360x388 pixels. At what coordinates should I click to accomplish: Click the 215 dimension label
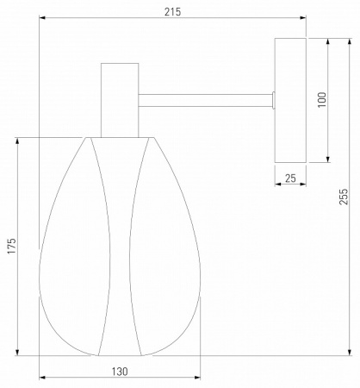(x=173, y=12)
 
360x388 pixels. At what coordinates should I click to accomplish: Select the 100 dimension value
(x=322, y=100)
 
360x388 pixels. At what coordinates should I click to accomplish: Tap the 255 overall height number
(x=344, y=197)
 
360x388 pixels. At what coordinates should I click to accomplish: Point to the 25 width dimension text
(x=290, y=178)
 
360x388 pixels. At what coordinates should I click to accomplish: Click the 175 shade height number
(x=12, y=246)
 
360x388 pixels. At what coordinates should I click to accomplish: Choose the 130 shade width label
(x=120, y=372)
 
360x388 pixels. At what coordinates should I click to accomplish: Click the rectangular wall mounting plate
(x=290, y=100)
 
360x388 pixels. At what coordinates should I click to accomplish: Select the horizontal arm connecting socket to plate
(x=205, y=100)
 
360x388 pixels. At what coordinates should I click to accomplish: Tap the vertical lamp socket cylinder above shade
(x=120, y=100)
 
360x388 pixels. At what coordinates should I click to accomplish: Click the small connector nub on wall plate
(x=273, y=100)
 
